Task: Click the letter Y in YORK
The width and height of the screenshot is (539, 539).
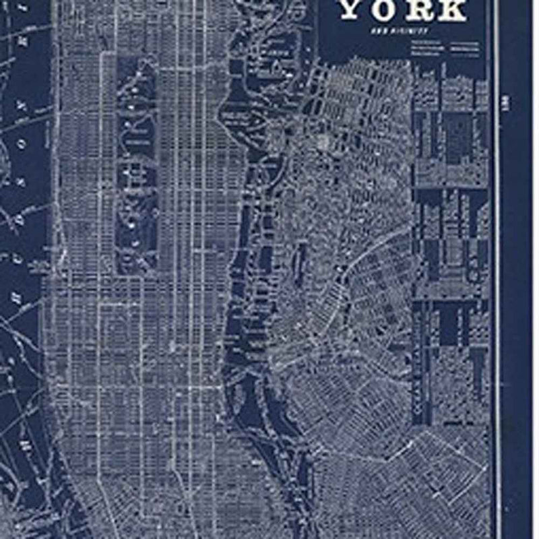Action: coord(356,10)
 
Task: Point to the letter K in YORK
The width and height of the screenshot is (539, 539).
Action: coord(452,10)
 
